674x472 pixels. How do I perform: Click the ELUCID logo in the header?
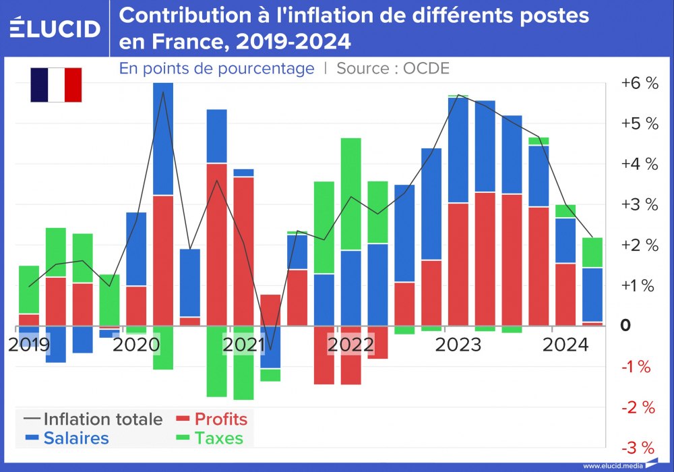[x=55, y=28]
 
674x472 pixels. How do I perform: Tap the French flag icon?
[x=56, y=85]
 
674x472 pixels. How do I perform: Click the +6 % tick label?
[x=639, y=84]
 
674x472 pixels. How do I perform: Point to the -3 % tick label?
[x=638, y=448]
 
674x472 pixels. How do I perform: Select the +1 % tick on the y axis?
[x=639, y=286]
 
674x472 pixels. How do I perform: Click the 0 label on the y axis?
[x=625, y=325]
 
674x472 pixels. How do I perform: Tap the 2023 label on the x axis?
[x=458, y=345]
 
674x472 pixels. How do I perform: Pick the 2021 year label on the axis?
[x=244, y=345]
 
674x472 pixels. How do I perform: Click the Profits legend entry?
[x=212, y=419]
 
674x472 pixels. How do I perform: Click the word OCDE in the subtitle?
[x=426, y=68]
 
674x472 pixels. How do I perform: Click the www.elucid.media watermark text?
[x=612, y=466]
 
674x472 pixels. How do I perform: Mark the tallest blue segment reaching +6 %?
[x=163, y=139]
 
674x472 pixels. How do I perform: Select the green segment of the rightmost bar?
[x=592, y=253]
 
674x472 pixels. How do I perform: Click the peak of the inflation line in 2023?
[x=458, y=95]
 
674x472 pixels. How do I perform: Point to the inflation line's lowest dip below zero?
[x=271, y=350]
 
